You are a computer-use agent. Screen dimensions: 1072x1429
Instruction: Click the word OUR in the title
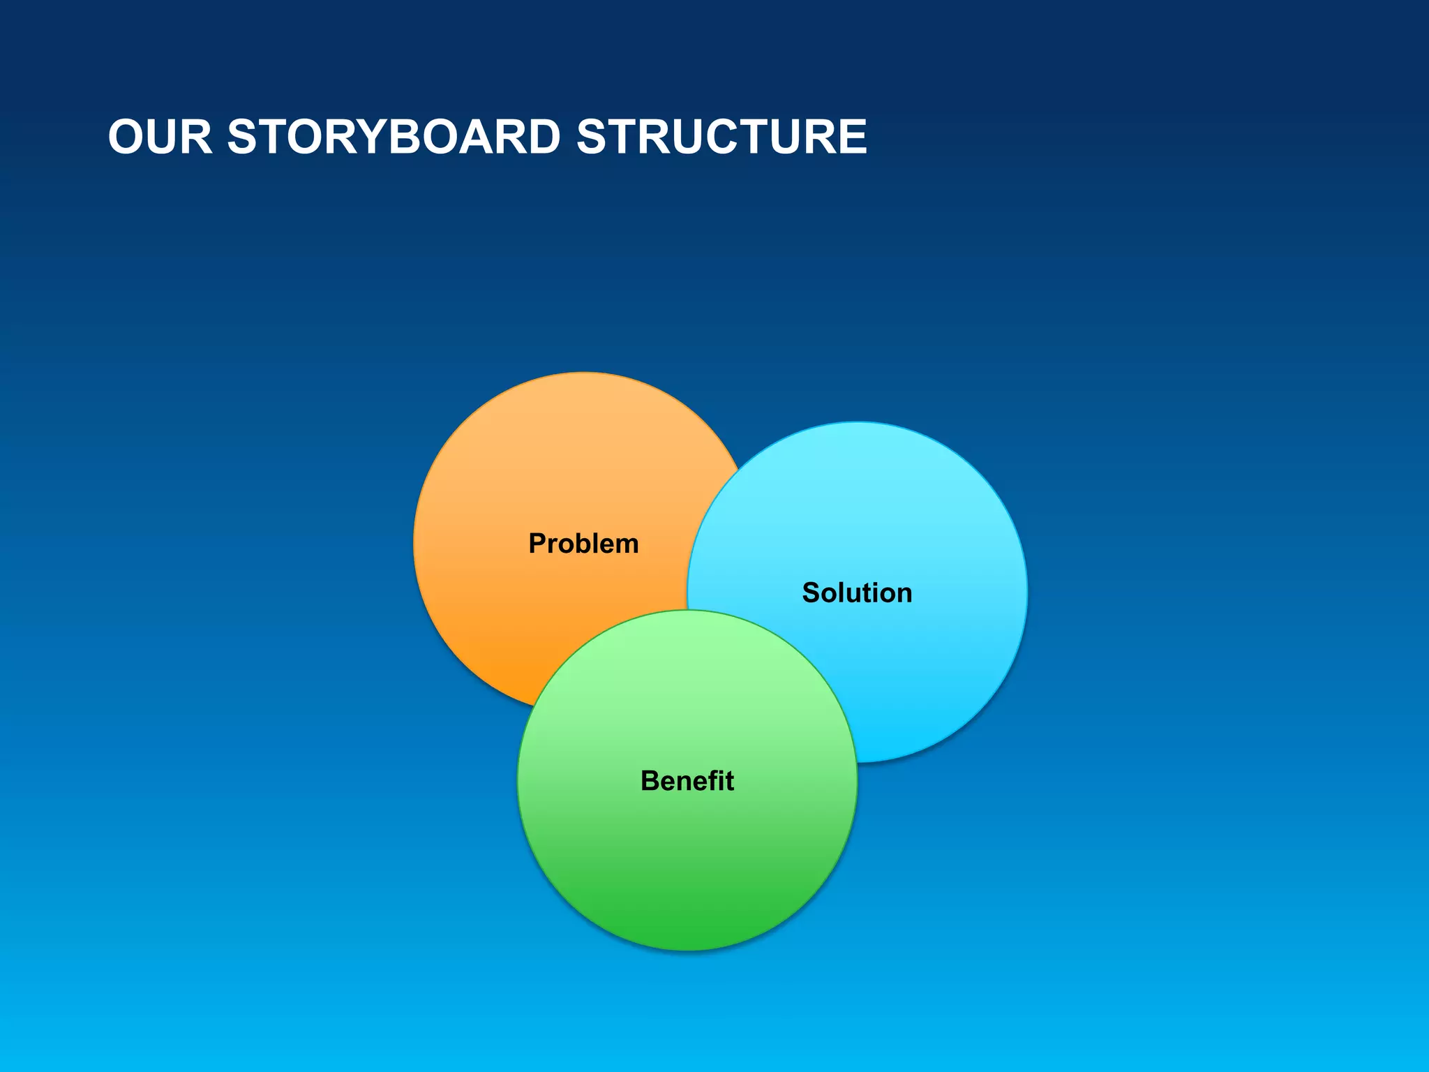160,137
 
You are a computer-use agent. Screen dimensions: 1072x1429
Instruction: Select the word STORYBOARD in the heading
394,137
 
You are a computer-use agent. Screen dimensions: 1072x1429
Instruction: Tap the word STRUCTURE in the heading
721,137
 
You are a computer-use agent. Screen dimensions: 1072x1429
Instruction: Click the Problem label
583,544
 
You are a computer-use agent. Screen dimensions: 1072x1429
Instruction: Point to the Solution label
857,593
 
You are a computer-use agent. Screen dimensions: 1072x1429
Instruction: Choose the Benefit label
687,781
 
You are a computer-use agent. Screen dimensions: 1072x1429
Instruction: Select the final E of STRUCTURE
851,137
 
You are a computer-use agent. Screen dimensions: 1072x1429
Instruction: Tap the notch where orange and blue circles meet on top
740,469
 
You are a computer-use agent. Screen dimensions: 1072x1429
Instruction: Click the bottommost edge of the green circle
687,950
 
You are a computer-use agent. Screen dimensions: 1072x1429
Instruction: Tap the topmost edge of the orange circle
585,373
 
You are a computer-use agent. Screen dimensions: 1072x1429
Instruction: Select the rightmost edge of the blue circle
1027,593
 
